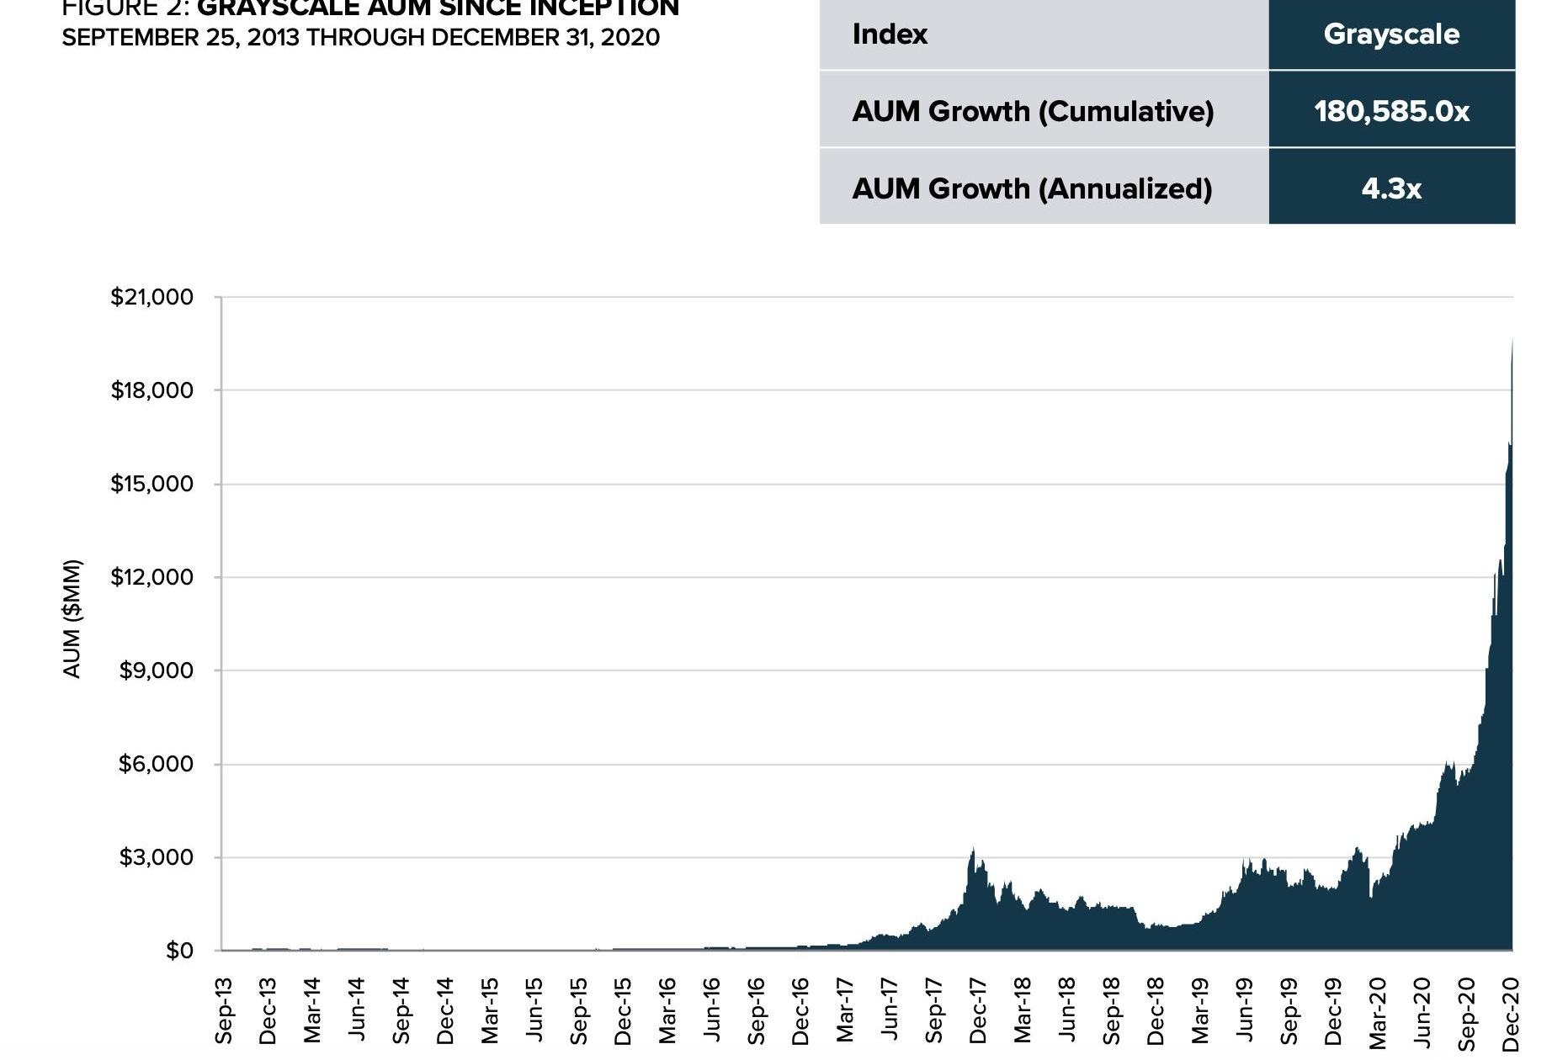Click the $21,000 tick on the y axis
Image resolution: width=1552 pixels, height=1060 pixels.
click(x=151, y=297)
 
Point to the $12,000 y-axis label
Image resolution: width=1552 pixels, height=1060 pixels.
click(x=151, y=577)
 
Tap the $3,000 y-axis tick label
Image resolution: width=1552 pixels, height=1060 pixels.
click(x=156, y=857)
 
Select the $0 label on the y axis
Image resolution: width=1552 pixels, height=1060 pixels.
click(x=178, y=951)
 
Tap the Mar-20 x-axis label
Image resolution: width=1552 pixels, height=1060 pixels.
click(x=1378, y=1013)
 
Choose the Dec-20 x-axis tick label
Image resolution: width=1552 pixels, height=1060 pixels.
click(x=1511, y=1013)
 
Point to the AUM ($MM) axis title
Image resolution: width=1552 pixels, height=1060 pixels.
click(x=72, y=618)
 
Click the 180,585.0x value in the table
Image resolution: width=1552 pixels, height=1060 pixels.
click(x=1391, y=111)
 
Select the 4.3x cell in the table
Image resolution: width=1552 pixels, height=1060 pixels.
click(x=1391, y=188)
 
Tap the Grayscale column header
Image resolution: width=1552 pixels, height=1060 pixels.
click(x=1391, y=34)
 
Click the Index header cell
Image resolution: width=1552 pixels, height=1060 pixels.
click(x=890, y=34)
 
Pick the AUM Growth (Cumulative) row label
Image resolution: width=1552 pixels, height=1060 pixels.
click(x=1033, y=111)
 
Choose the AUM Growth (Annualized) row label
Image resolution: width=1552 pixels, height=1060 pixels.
click(x=1032, y=188)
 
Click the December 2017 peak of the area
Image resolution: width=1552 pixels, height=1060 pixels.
click(x=973, y=849)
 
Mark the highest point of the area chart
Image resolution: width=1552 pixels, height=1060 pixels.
click(x=1512, y=339)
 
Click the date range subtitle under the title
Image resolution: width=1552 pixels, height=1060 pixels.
click(x=360, y=38)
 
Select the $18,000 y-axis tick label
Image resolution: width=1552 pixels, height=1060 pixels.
click(x=151, y=390)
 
